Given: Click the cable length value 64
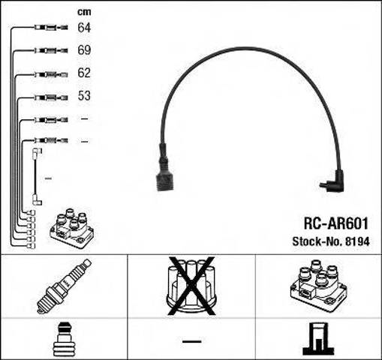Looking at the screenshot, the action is pos(84,28).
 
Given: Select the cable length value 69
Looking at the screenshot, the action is pos(84,50).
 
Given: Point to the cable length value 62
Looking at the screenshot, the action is pos(84,73).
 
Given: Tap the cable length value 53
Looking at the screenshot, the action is pos(84,96).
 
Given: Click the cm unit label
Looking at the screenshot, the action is pos(84,12).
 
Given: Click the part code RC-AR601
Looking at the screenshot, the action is pos(336,223).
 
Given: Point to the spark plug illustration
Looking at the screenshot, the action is pos(64,286).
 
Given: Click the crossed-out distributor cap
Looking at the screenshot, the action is pos(191,286).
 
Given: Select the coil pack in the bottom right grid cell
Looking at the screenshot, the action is pos(318,285).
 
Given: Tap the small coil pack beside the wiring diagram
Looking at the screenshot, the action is pos(72,228).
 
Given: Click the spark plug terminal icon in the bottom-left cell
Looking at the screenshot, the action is pos(64,340).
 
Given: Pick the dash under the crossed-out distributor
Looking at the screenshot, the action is pos(191,341).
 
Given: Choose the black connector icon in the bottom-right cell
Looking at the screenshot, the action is pos(318,339).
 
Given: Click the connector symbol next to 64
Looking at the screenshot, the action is pos(51,27).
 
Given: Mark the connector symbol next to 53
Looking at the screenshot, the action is pos(51,97).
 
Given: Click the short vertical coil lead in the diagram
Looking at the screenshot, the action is pos(37,177).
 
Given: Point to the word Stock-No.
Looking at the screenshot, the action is pos(317,241).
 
